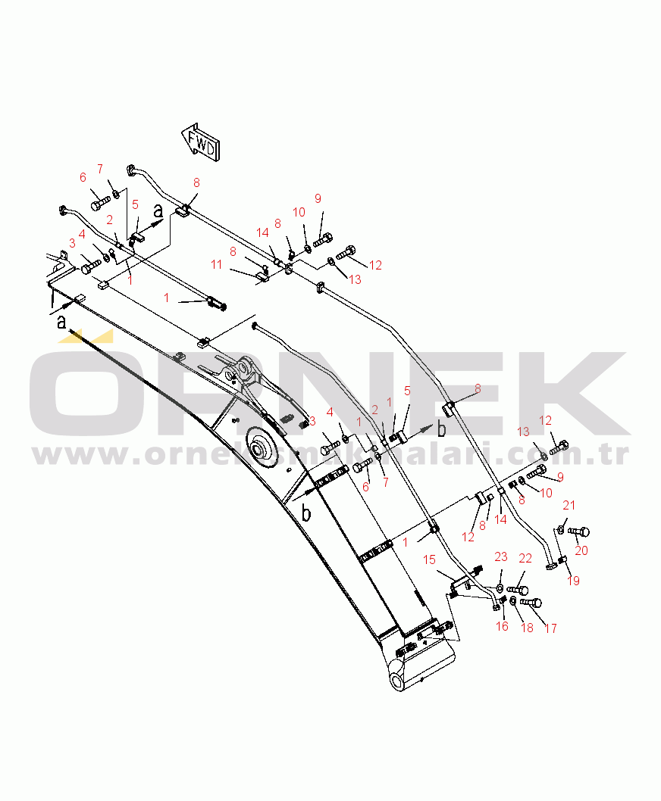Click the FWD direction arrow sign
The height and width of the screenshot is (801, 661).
click(x=202, y=142)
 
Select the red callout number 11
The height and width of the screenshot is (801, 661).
click(x=217, y=264)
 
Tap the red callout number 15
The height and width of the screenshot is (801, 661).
click(x=429, y=559)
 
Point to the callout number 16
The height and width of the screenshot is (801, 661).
click(x=502, y=626)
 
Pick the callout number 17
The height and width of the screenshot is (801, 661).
click(x=550, y=628)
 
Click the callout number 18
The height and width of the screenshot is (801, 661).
click(x=526, y=628)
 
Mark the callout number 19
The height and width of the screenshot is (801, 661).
click(x=573, y=581)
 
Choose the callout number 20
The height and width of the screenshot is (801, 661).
click(x=581, y=550)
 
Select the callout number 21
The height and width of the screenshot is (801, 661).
click(x=569, y=505)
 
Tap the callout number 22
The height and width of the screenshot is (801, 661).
click(x=525, y=559)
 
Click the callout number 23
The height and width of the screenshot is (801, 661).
click(x=500, y=557)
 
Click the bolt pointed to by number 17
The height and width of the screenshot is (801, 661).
click(x=532, y=603)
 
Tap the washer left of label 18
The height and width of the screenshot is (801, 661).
click(x=514, y=600)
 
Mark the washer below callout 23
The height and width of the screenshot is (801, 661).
click(x=500, y=588)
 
